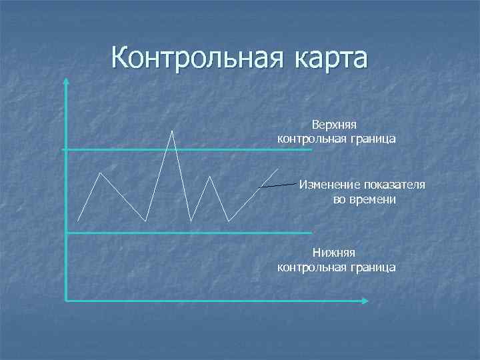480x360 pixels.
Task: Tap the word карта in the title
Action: (x=328, y=58)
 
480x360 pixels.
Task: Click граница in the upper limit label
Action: (x=371, y=139)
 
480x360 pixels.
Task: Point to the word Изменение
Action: (x=327, y=185)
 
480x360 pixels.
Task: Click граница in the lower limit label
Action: (x=371, y=267)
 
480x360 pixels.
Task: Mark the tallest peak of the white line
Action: (x=173, y=131)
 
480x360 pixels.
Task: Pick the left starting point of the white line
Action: (x=78, y=221)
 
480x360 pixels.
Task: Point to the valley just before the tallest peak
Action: (x=147, y=221)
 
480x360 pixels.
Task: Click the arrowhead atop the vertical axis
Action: (x=66, y=81)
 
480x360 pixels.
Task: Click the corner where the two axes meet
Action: (x=66, y=301)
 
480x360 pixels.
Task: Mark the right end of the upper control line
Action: (x=311, y=150)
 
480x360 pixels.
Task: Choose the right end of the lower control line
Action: (x=311, y=233)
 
